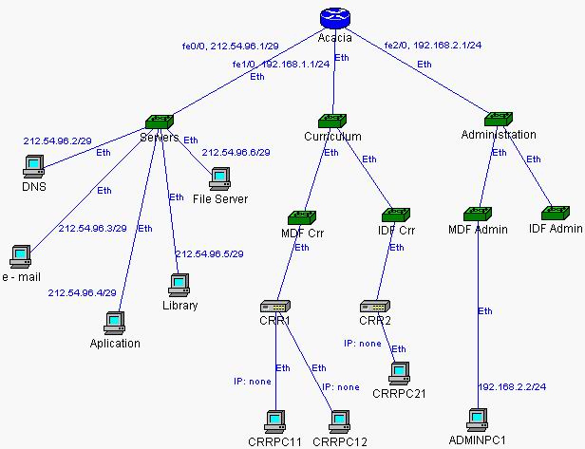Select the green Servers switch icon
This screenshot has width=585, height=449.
coord(159,121)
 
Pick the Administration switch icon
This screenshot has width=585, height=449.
coord(499,119)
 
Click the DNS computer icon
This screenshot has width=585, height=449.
coord(33,165)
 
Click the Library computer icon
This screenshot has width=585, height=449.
coord(178,285)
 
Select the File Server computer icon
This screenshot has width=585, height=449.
coord(220,178)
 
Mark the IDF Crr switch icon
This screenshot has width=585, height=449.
coord(394,215)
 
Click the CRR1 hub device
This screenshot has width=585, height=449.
coord(276,307)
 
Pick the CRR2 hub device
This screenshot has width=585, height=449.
coord(373,307)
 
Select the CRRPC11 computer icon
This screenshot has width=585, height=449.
coord(275,420)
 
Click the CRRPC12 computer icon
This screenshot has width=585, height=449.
coord(339,420)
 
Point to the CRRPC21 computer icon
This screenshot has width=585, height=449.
coord(400,371)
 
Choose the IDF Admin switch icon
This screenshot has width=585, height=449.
coord(556,213)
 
